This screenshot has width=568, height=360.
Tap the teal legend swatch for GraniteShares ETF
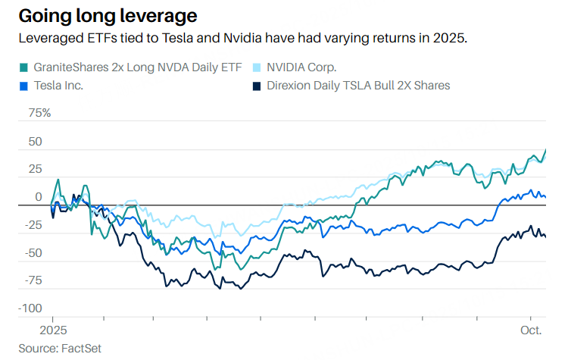24,67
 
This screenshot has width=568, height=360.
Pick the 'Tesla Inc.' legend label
59,86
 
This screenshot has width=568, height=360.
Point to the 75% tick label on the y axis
39,114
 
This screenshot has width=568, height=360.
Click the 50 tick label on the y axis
35,142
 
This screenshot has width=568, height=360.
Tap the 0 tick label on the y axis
38,197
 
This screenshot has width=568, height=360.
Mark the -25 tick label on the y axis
33,225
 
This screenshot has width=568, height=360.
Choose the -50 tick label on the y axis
33,253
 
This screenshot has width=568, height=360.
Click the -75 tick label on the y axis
33,281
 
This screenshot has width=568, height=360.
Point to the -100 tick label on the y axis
30,308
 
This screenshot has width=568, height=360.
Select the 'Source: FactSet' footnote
60,348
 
